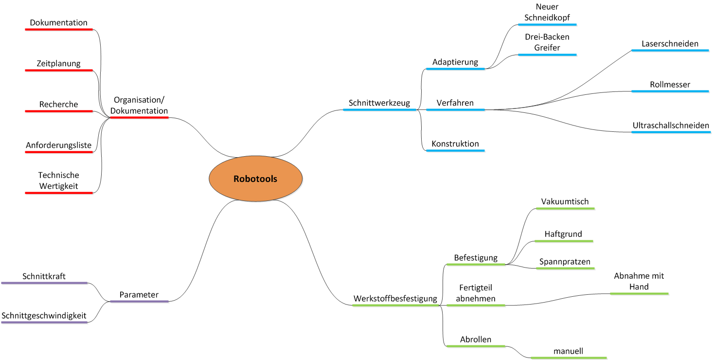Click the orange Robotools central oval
pyautogui.click(x=255, y=179)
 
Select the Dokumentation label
pyautogui.click(x=58, y=22)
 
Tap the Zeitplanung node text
pyautogui.click(x=58, y=63)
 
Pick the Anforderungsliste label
pyautogui.click(x=58, y=145)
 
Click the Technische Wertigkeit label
pyautogui.click(x=58, y=180)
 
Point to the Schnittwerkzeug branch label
pyautogui.click(x=379, y=103)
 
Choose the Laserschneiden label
pyautogui.click(x=670, y=44)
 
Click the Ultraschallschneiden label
pyautogui.click(x=671, y=126)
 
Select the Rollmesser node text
pyautogui.click(x=670, y=85)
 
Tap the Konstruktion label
pyautogui.click(x=455, y=144)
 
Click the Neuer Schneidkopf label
pyautogui.click(x=547, y=12)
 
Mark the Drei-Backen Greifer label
pyautogui.click(x=547, y=42)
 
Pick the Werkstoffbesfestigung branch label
pyautogui.click(x=395, y=298)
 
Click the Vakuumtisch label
pyautogui.click(x=565, y=201)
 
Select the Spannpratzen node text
pyautogui.click(x=565, y=262)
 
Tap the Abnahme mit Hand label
pyautogui.click(x=639, y=281)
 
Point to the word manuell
pyautogui.click(x=568, y=351)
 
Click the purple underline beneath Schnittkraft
pyautogui.click(x=44, y=283)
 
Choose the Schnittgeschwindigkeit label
pyautogui.click(x=44, y=316)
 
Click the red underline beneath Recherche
pyautogui.click(x=58, y=111)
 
